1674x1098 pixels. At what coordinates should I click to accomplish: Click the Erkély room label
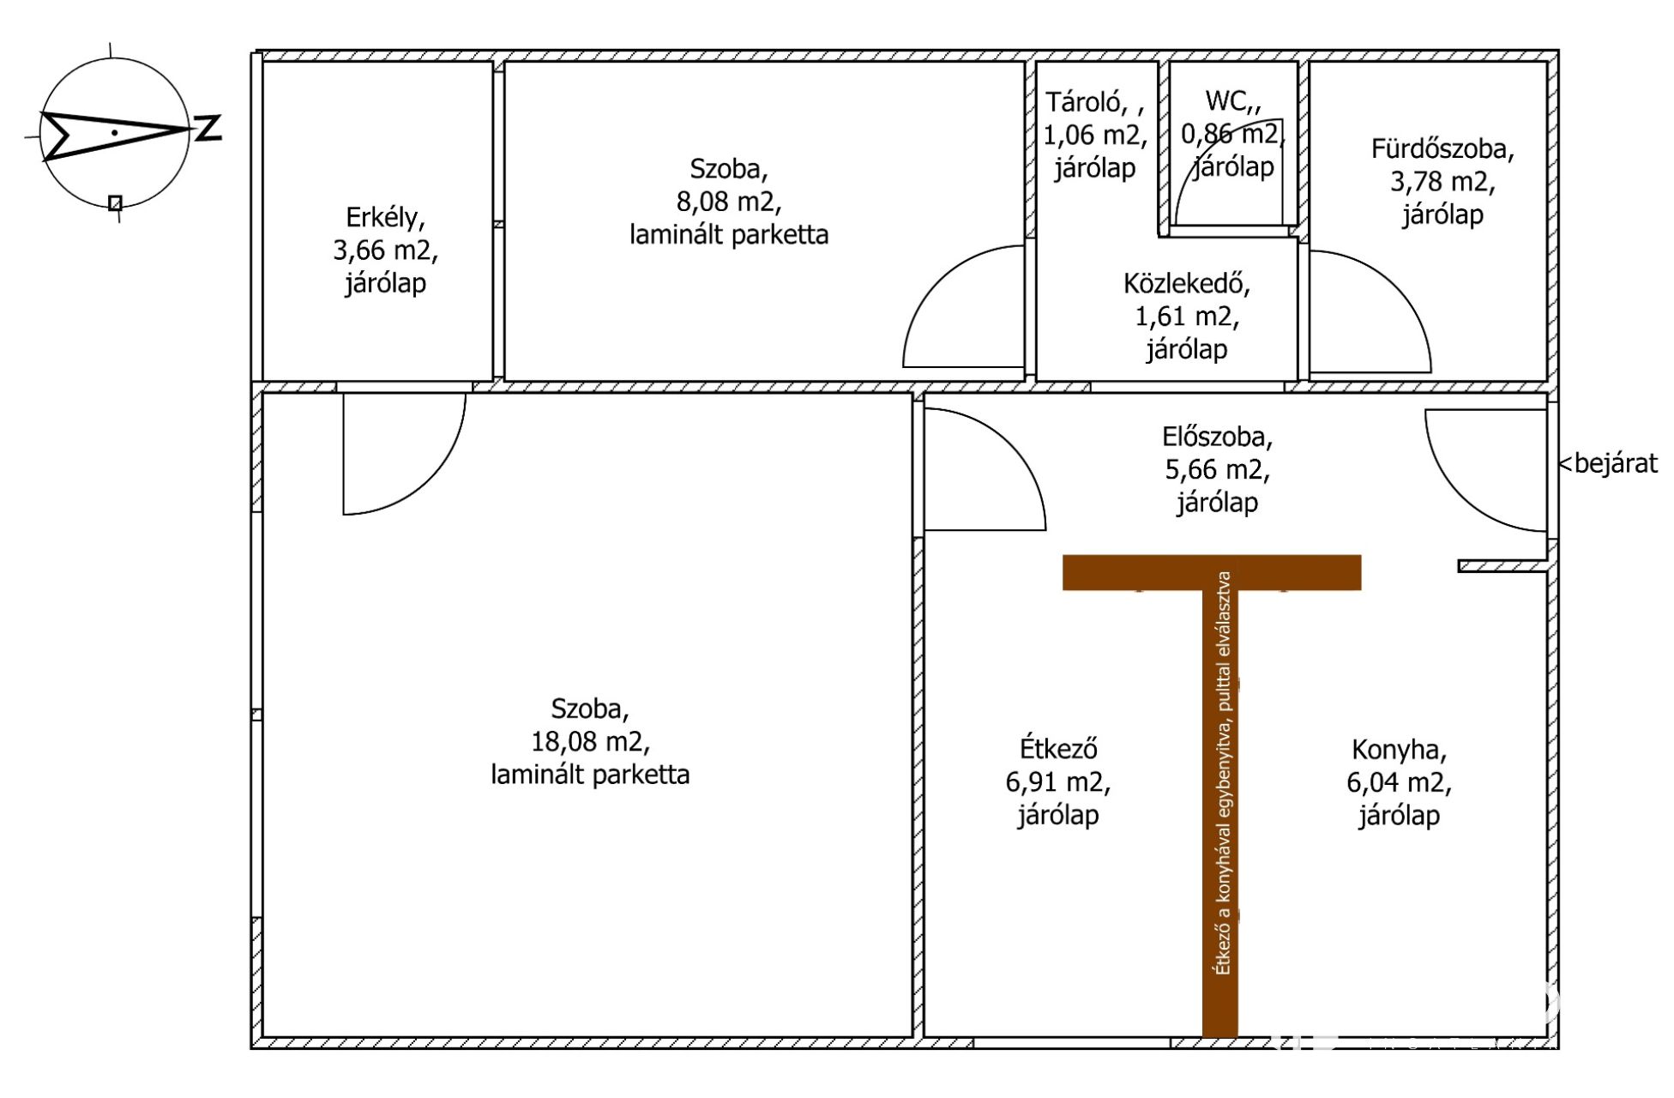point(383,218)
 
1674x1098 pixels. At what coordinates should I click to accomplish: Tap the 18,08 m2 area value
point(590,742)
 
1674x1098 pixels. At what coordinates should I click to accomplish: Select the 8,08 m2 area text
point(729,202)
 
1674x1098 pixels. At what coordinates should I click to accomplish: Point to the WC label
point(1229,101)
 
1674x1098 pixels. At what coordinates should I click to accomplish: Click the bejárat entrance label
point(1609,463)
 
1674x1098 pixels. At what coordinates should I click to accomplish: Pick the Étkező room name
point(1058,749)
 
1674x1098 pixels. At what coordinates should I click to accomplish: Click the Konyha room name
point(1399,750)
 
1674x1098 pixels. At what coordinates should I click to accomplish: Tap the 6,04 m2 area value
point(1399,782)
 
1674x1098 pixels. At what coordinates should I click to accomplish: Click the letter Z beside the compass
point(208,128)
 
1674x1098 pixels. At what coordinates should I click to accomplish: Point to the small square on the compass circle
point(115,203)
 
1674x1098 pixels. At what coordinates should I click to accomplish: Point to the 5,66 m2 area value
point(1218,470)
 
